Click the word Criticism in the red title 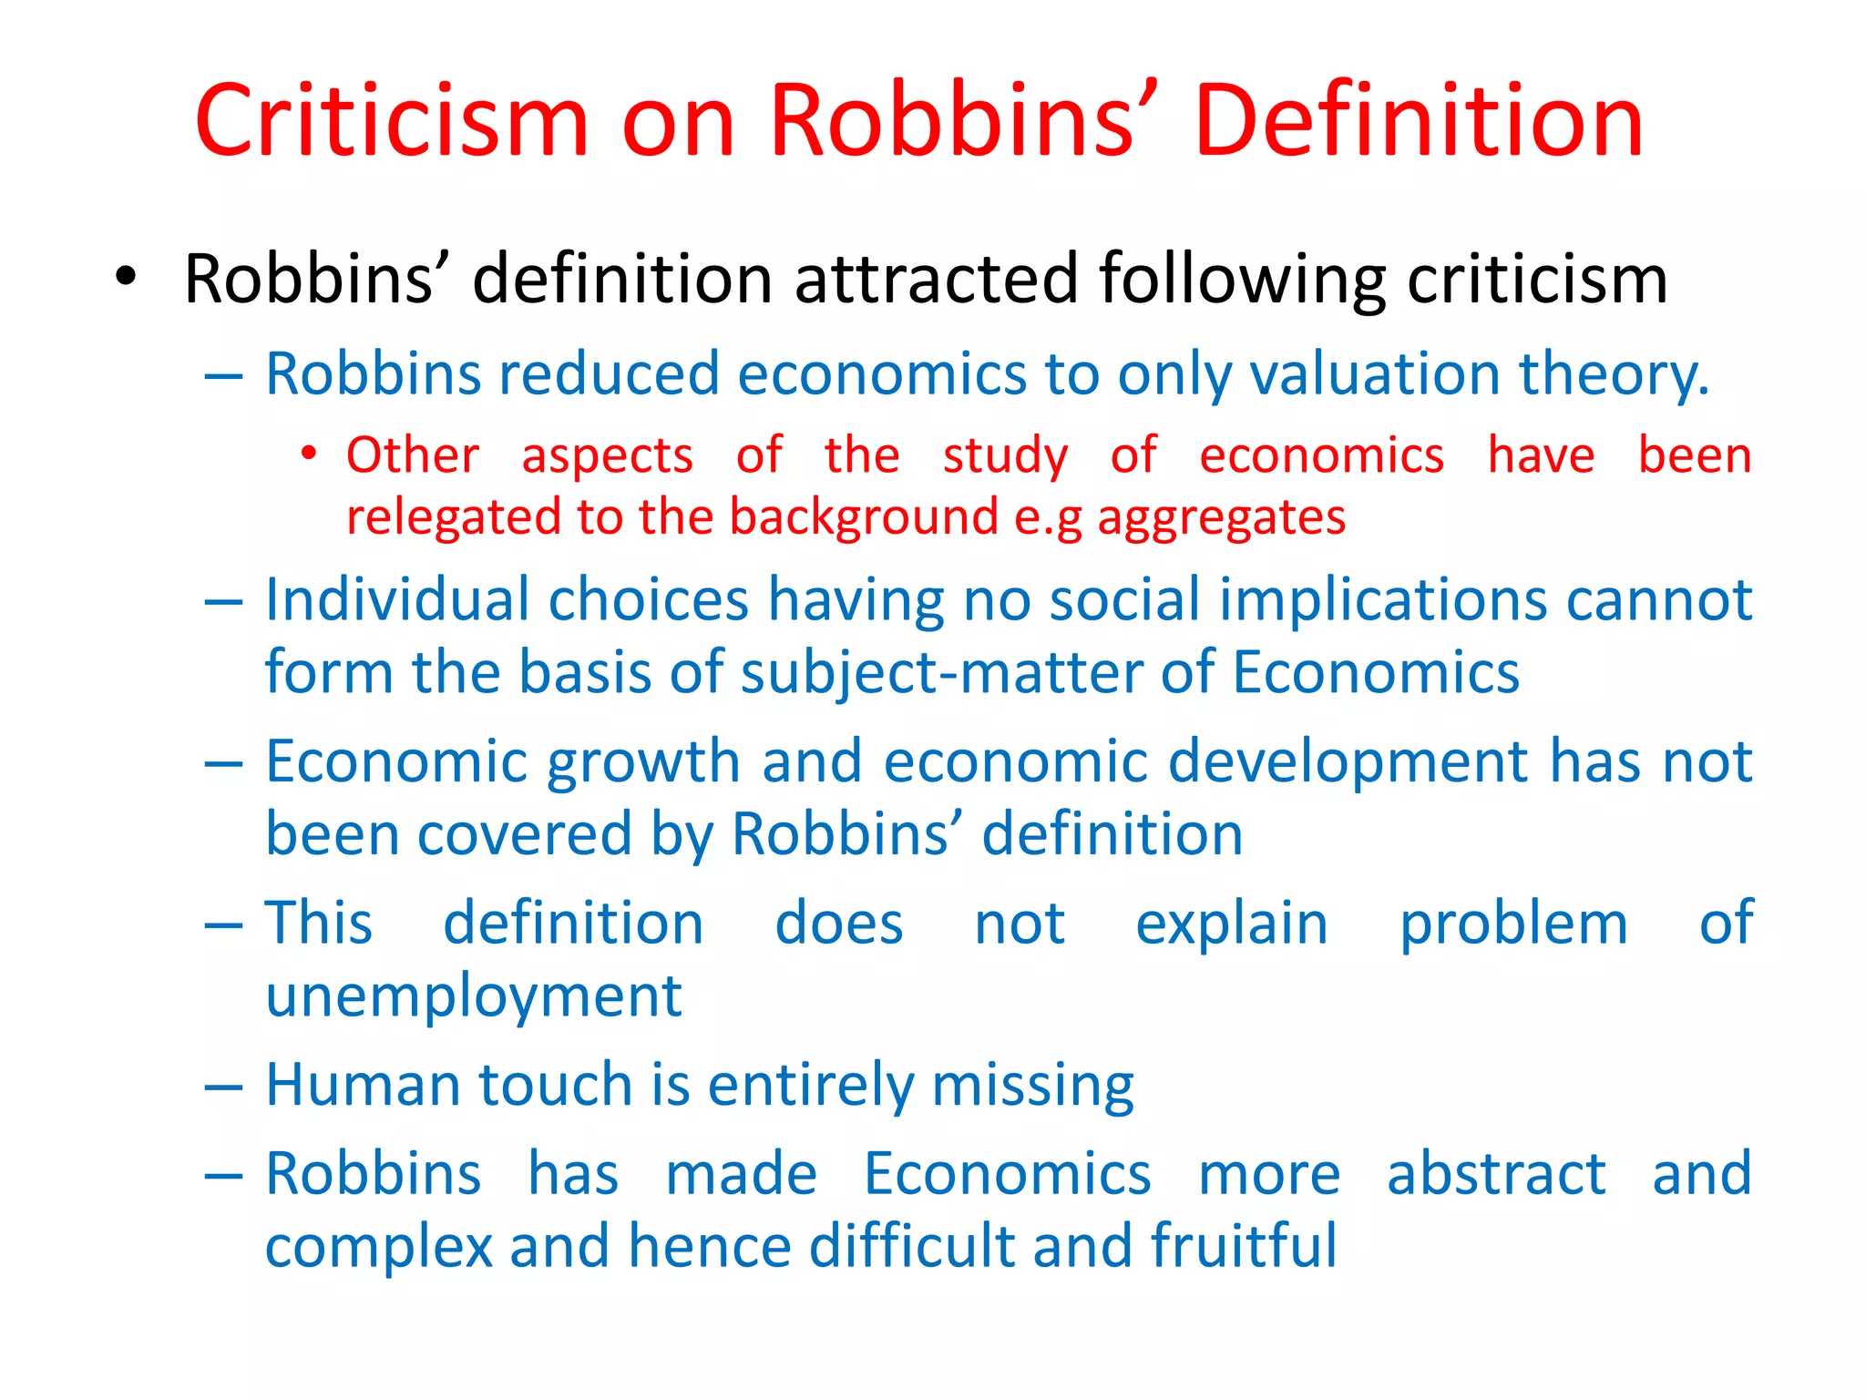tap(392, 121)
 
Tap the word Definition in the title tap(1419, 121)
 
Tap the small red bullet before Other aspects tap(310, 453)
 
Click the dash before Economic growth tap(224, 763)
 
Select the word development tap(1348, 762)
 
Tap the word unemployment tap(474, 996)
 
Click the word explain tap(1231, 924)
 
